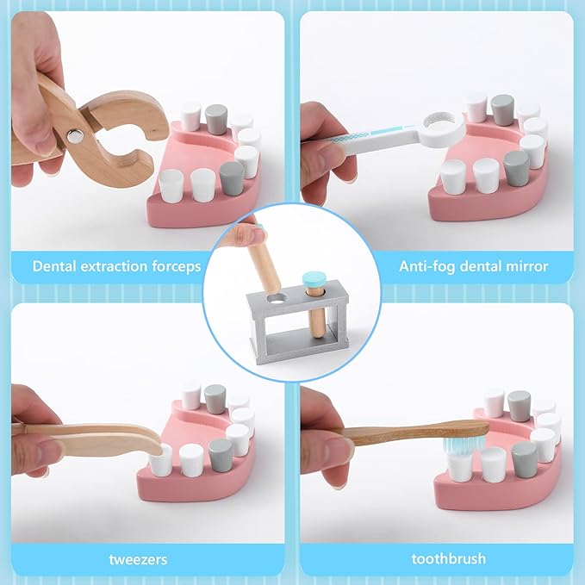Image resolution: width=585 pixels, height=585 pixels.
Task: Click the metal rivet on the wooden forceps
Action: coord(76,136)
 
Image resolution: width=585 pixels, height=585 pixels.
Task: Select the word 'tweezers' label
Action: coord(138,560)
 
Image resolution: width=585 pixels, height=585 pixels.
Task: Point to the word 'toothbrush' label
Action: coord(449,559)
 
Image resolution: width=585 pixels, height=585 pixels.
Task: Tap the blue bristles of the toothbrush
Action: coord(461,444)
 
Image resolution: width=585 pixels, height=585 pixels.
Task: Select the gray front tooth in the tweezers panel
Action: coord(221,455)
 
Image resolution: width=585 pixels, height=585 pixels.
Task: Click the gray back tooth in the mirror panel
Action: coord(502,109)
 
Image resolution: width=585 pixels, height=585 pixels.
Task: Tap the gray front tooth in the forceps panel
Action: coord(232,178)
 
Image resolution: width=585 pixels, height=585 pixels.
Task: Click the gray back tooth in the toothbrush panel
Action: coord(519,406)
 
